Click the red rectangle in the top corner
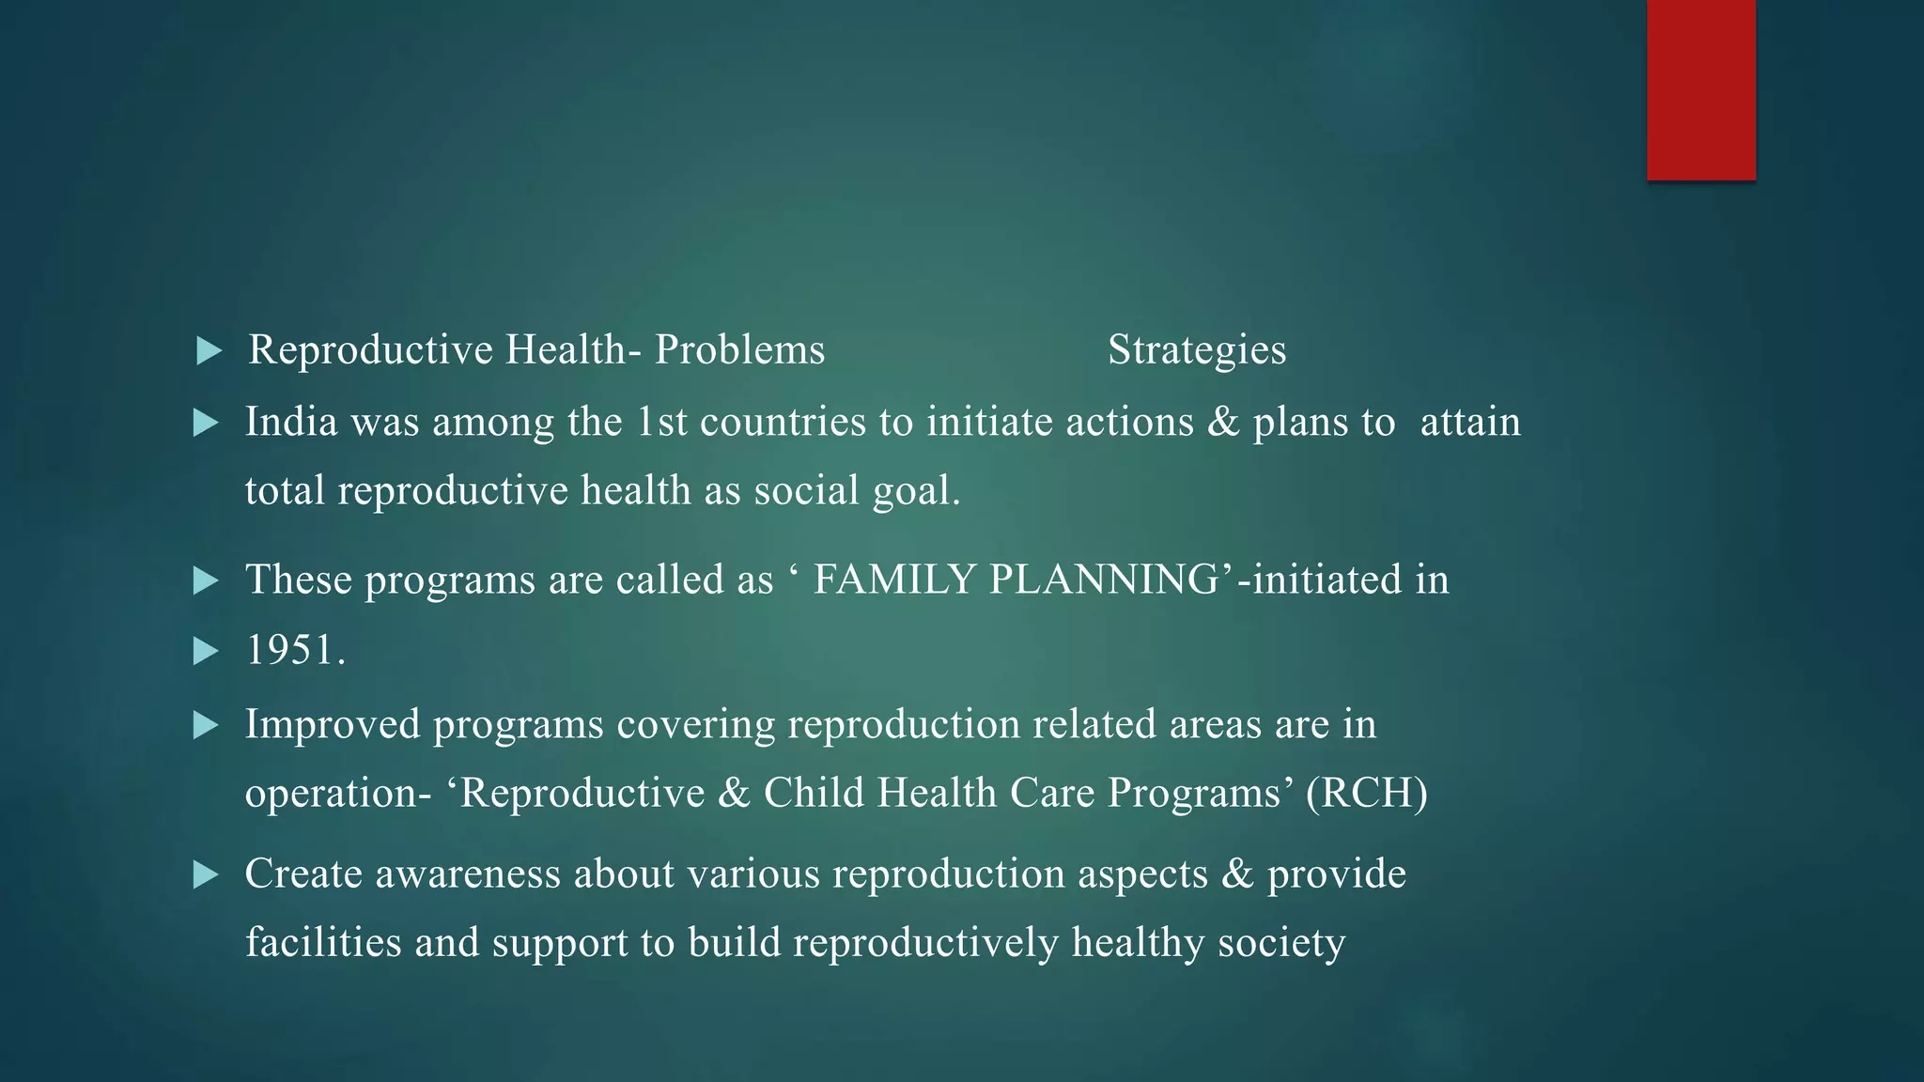click(x=1700, y=89)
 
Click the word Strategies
click(x=1196, y=350)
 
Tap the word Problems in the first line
click(x=739, y=350)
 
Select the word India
click(x=291, y=422)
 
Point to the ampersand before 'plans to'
click(x=1223, y=422)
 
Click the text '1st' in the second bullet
click(x=662, y=422)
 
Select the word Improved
click(x=333, y=724)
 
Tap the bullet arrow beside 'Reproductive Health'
click(x=209, y=352)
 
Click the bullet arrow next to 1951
click(x=206, y=651)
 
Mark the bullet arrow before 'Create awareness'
click(x=206, y=875)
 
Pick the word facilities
click(x=323, y=943)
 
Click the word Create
click(x=303, y=874)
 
